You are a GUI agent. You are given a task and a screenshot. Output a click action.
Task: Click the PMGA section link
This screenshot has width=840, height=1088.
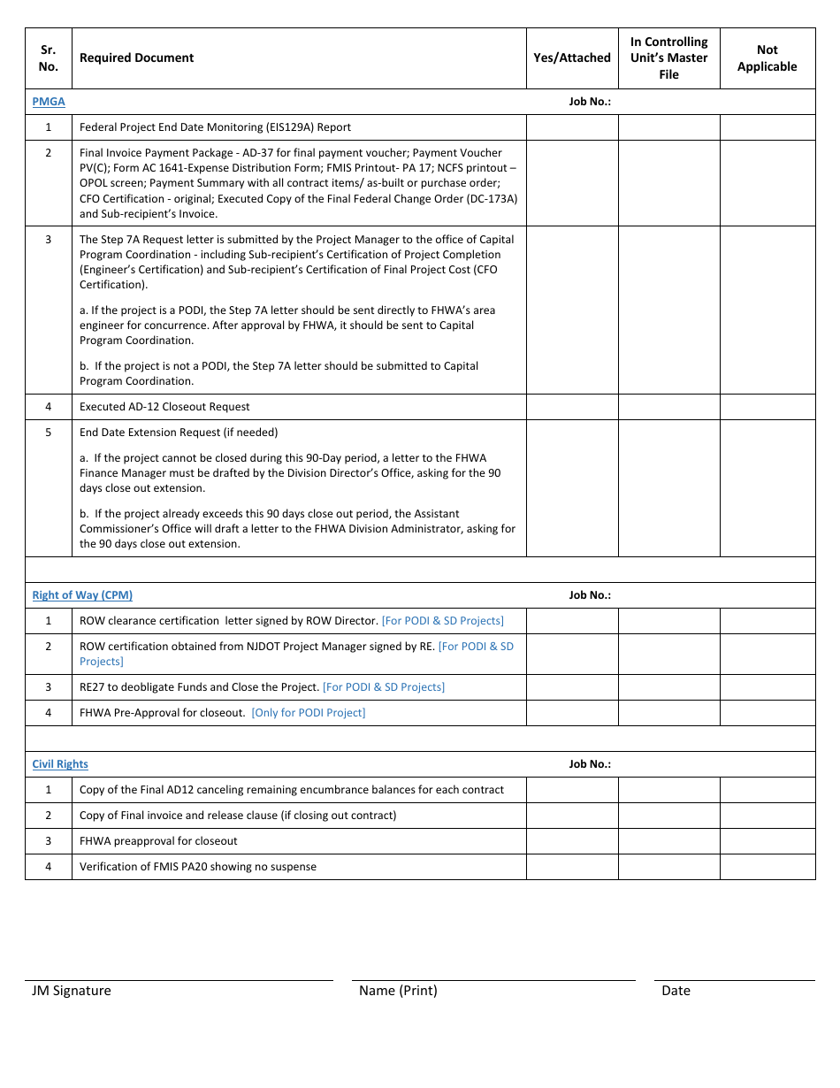point(49,102)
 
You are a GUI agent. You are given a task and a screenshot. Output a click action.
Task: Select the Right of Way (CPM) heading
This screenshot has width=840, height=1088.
point(82,595)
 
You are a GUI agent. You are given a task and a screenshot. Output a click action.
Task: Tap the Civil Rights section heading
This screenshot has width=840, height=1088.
point(60,764)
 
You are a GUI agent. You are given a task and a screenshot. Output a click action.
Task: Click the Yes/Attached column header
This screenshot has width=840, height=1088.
point(572,58)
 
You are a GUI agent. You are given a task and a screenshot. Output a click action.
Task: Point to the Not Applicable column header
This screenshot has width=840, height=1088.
point(767,58)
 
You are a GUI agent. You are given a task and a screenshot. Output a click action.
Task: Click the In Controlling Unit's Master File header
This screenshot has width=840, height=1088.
point(668,58)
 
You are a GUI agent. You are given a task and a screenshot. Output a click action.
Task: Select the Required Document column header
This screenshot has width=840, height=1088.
point(137,58)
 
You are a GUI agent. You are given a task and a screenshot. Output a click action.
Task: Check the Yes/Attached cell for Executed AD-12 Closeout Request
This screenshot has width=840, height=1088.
point(572,407)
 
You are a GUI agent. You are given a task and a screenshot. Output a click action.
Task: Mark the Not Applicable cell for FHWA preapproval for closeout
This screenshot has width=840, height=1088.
point(767,841)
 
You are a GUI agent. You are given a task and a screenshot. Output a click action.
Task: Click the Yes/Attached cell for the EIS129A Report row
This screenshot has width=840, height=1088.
point(572,127)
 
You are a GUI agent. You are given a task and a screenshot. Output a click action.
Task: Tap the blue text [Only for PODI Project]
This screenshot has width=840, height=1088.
point(309,713)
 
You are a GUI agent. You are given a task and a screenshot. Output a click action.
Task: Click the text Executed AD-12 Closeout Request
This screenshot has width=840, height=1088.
point(164,407)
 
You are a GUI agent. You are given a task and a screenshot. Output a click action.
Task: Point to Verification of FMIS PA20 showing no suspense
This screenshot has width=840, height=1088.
point(198,867)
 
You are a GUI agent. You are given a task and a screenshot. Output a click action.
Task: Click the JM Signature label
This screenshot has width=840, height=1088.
point(72,991)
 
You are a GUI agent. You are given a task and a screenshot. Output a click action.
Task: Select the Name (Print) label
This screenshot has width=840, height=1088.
point(398,991)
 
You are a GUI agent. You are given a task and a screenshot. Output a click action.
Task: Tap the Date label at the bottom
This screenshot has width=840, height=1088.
point(676,991)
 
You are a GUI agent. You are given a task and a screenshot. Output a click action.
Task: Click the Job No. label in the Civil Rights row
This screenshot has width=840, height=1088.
point(590,764)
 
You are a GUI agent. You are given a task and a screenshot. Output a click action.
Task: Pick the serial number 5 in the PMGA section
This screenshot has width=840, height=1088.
point(49,433)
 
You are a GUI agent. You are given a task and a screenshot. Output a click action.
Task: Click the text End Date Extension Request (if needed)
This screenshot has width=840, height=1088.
point(179,433)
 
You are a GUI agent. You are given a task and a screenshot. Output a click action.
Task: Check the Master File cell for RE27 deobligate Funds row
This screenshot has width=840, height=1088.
point(668,687)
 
